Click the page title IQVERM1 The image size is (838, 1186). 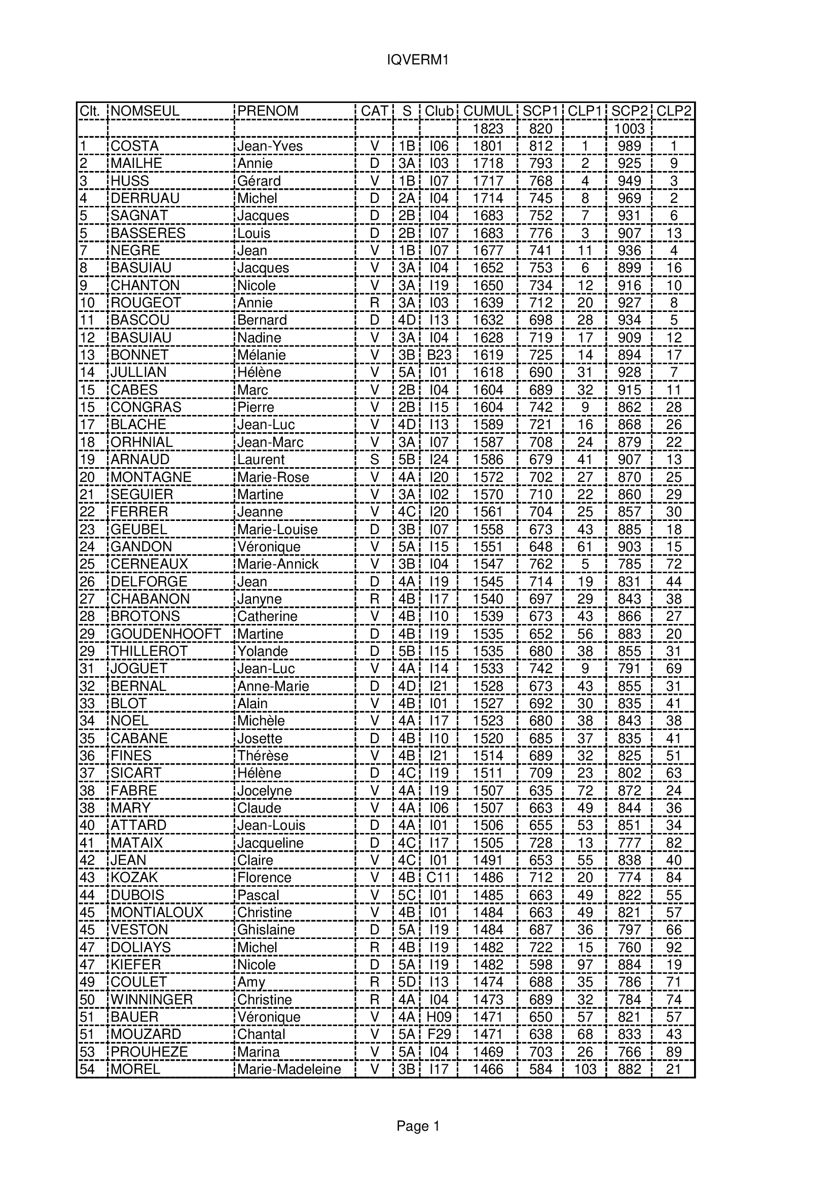pos(418,60)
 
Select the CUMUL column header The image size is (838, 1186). pos(488,111)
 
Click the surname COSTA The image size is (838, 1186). pos(134,146)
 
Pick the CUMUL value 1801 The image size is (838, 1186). pos(488,146)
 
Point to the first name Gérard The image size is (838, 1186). pos(259,181)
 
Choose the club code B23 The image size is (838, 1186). pos(439,355)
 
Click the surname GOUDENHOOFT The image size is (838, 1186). pos(166,634)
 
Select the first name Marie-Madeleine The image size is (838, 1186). pos(288,1069)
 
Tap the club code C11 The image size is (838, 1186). pos(439,878)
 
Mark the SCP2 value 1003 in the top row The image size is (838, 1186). pos(630,129)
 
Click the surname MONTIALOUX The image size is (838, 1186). pos(157,912)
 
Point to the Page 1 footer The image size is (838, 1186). pos(418,1126)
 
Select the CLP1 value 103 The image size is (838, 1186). pos(585,1069)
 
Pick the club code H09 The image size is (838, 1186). pos(439,1017)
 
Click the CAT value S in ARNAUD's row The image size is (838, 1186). pos(375,460)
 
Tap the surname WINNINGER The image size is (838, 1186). pos(151,999)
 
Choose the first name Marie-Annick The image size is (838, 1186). pos(278,564)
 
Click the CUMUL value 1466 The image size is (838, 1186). pos(488,1069)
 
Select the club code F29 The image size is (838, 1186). pos(439,1034)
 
